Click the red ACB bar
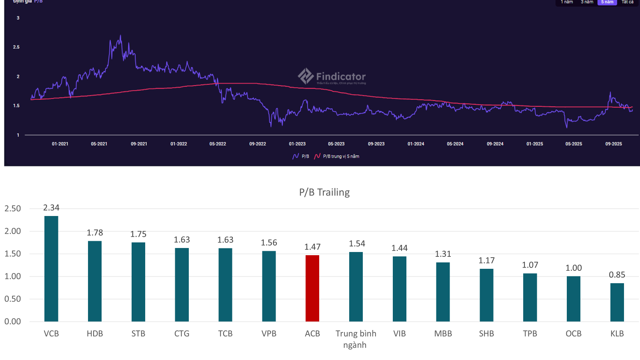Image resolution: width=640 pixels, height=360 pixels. click(312, 288)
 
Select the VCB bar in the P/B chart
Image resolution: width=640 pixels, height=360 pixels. click(51, 269)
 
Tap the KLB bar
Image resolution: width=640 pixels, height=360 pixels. click(617, 302)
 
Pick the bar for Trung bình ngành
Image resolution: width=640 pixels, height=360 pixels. click(356, 287)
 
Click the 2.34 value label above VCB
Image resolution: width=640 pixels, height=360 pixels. click(51, 208)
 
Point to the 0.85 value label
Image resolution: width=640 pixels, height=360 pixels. click(617, 275)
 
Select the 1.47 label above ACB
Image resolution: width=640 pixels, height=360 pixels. click(312, 247)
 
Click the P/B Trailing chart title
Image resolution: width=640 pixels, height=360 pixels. click(324, 192)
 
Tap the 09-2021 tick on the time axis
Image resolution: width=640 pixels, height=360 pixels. click(139, 144)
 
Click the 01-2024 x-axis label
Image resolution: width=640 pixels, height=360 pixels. click(416, 144)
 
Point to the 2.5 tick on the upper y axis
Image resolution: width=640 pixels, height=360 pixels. click(16, 47)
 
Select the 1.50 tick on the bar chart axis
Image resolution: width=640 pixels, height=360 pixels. click(13, 254)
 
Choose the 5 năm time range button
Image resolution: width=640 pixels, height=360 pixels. click(607, 2)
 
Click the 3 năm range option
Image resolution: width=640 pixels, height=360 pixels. click(587, 2)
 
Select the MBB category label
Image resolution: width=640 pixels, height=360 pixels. click(443, 334)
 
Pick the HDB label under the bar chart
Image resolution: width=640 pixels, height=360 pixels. click(95, 334)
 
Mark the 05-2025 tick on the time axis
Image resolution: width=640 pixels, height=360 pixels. click(574, 144)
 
